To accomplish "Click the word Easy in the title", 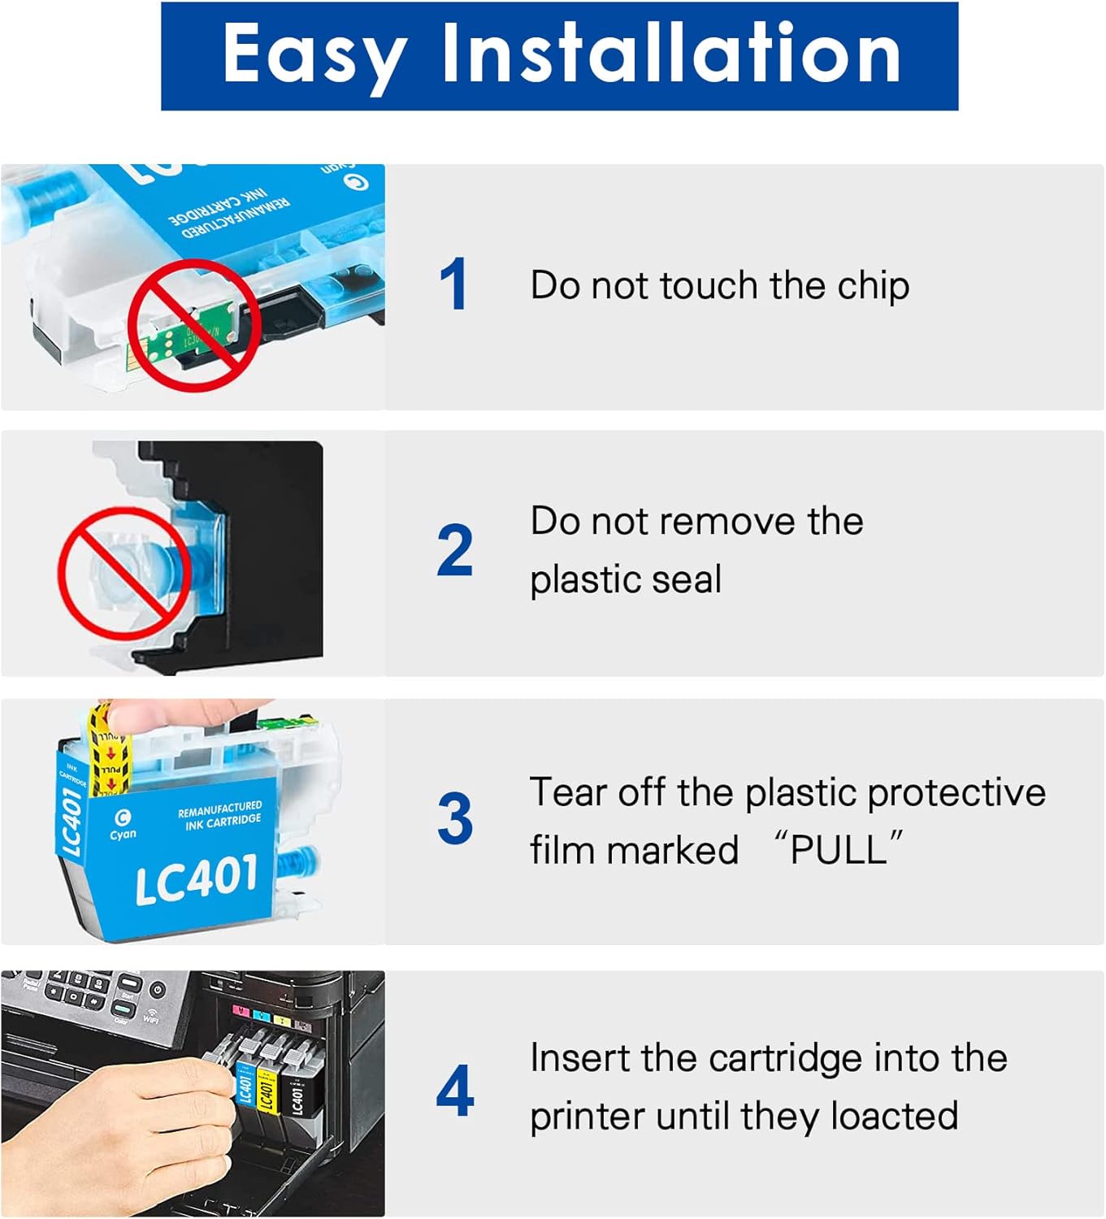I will [314, 54].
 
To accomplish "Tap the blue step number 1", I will [453, 284].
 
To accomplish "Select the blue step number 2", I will [454, 550].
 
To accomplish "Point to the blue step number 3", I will [454, 818].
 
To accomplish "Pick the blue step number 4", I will [455, 1091].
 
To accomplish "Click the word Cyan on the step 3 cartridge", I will [123, 834].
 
